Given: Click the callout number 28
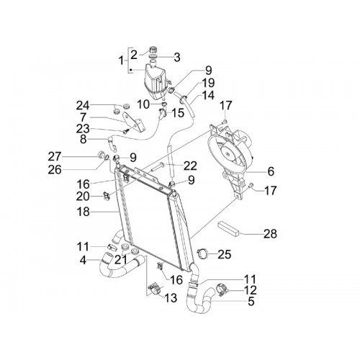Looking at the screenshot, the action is point(270,233).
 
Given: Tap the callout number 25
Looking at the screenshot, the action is point(225,254).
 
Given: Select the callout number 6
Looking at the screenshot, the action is point(271,171).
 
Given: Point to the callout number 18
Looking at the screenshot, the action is point(84,212).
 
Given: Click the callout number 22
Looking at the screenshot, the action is point(190,166).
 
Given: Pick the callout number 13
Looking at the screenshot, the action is point(171,298).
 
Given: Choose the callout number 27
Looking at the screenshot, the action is point(55,157).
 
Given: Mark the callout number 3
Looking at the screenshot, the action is point(177,58).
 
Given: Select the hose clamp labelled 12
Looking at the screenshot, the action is point(223,289).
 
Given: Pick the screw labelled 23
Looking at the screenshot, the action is point(126,132).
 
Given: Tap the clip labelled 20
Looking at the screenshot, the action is point(107,196).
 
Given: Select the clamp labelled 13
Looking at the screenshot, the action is point(155,288).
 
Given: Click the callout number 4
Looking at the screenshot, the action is point(83,260).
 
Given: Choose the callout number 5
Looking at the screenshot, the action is point(251,301).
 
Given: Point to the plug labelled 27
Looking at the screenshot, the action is point(101,155).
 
